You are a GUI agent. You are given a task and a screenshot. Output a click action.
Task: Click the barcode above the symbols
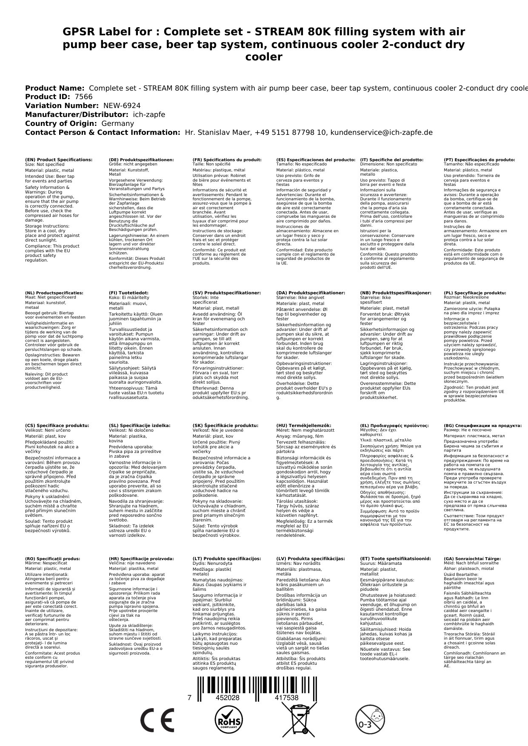pos(264,686)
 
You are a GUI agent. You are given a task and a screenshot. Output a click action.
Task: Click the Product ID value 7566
pos(83,97)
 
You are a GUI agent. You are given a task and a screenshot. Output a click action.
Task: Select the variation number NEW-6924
pos(122,105)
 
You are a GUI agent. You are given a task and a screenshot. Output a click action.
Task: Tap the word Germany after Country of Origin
pos(117,123)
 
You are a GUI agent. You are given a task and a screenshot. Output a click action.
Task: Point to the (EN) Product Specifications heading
pos(59,160)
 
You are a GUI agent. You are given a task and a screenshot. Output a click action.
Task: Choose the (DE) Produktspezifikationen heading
pos(141,160)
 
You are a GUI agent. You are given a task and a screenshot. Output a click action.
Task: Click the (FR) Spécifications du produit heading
pos(227,160)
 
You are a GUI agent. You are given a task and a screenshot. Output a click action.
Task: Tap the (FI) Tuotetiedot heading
pos(128,293)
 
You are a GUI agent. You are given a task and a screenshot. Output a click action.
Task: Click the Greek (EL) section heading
pos(394,425)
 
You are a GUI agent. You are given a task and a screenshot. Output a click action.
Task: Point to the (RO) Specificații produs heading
pos(52,558)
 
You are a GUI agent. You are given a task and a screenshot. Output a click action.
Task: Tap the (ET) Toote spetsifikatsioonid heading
pos(395,558)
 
